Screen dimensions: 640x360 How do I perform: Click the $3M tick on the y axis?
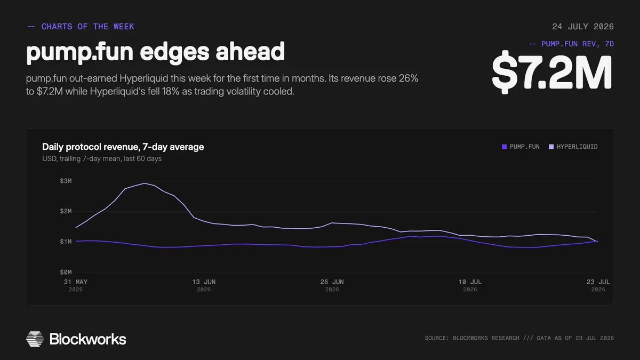66,181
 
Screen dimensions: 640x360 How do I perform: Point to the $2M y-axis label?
66,211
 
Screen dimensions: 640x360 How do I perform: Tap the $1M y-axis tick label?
66,242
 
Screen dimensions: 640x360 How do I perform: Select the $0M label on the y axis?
66,272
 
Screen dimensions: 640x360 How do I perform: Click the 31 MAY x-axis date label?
75,282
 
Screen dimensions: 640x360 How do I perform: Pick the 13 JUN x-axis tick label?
204,282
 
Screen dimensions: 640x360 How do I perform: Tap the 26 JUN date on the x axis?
332,282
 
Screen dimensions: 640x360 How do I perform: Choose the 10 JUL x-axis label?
470,282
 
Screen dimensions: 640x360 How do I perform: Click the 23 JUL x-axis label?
598,282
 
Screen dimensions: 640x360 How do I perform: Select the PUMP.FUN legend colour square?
505,147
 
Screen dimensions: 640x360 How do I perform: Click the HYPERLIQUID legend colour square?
551,147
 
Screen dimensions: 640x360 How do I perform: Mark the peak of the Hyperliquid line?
145,183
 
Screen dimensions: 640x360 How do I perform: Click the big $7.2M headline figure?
552,73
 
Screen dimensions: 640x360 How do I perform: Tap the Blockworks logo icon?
35,339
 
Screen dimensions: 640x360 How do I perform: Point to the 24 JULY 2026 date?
583,27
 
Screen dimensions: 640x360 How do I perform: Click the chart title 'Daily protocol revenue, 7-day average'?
123,147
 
